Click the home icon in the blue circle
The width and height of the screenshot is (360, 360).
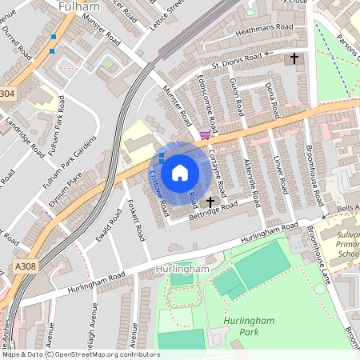(x=180, y=172)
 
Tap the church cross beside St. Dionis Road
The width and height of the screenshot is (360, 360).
(x=295, y=58)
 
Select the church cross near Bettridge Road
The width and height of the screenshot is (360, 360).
(x=211, y=202)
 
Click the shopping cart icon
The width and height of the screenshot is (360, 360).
(x=206, y=134)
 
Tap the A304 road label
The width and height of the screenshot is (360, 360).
(x=6, y=94)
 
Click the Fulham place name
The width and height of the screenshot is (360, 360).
(x=78, y=6)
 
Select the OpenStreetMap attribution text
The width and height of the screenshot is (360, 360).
(x=80, y=354)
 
